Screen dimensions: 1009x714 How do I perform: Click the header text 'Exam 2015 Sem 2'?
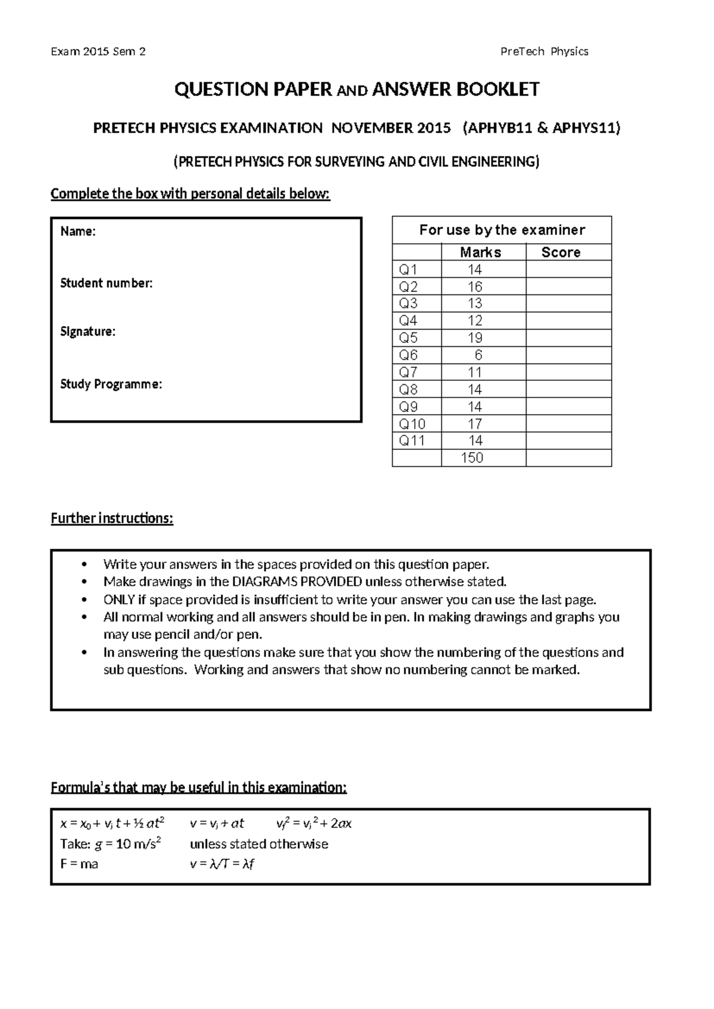click(x=98, y=52)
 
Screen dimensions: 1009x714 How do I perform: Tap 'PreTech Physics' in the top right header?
click(x=544, y=52)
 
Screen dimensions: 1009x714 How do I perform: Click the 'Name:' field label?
click(x=78, y=231)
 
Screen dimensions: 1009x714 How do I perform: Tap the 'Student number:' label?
click(x=107, y=283)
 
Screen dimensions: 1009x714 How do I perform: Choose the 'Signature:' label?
click(x=87, y=332)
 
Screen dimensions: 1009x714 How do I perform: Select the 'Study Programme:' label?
click(x=111, y=384)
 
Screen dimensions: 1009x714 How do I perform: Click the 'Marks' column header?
click(x=480, y=252)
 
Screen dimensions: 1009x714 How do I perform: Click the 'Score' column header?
click(x=560, y=252)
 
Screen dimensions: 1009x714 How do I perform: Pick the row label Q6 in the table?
click(x=408, y=355)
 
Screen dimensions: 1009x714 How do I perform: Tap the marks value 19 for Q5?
click(x=475, y=338)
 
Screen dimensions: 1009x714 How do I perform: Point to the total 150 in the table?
click(x=472, y=458)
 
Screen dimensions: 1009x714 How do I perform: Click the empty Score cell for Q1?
click(x=568, y=270)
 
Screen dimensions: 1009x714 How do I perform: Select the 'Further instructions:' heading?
click(x=112, y=518)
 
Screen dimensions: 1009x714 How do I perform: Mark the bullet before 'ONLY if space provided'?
click(x=87, y=600)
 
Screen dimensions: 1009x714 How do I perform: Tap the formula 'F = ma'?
click(x=79, y=864)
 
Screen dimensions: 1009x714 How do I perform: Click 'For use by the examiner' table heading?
click(x=502, y=230)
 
